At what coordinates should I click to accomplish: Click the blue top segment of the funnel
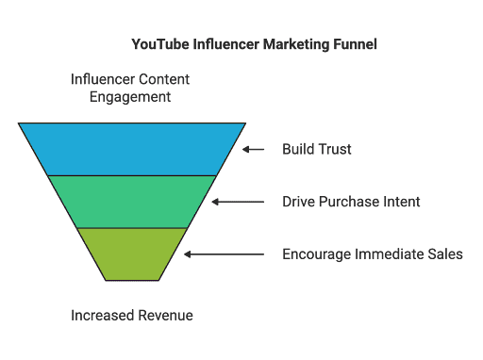132,148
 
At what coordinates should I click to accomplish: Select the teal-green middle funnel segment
132,201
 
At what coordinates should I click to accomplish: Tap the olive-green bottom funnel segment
132,254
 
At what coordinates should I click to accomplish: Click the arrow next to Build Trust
254,149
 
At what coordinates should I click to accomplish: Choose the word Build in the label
297,149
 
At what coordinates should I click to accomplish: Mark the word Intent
400,202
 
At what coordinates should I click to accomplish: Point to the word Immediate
388,254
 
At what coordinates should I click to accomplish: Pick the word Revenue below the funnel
165,315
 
